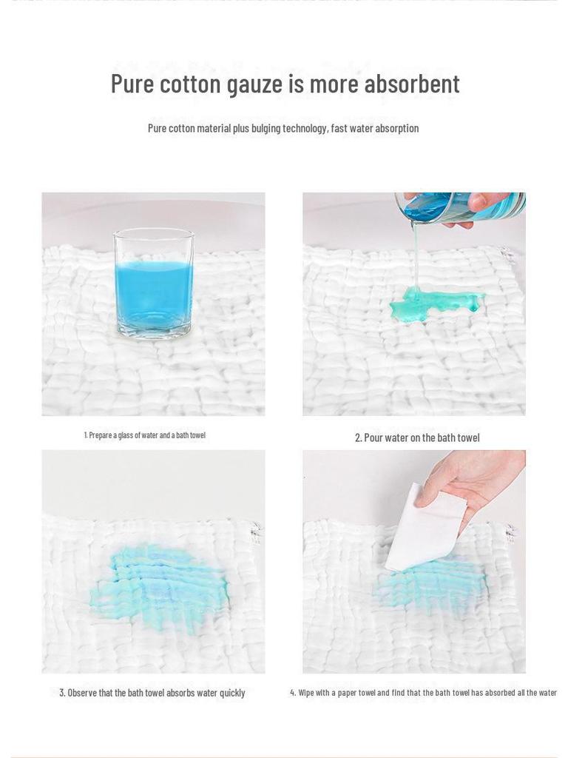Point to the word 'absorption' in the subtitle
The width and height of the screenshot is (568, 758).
tap(396, 128)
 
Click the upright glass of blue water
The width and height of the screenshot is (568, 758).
tap(154, 285)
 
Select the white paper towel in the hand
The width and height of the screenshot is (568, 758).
tap(425, 528)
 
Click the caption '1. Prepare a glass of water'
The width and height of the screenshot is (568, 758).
tap(144, 435)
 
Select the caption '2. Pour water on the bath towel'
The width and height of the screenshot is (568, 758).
tap(417, 437)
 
